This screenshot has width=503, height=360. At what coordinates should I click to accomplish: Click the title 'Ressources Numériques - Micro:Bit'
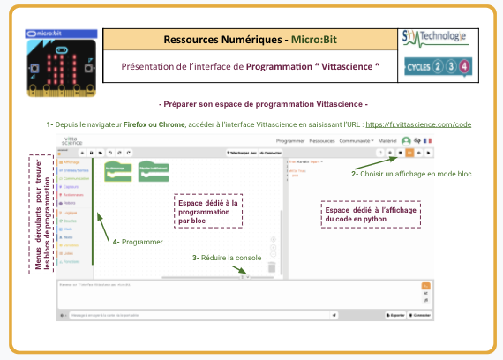pos(250,40)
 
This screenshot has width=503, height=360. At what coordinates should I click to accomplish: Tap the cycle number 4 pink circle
pos(465,67)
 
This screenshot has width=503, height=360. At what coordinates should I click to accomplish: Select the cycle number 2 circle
pos(436,67)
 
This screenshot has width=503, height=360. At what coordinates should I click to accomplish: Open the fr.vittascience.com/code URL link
pos(417,125)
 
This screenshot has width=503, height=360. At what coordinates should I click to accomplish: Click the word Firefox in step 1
pos(136,125)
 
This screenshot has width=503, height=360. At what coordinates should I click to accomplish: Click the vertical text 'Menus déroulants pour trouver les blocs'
pos(40,213)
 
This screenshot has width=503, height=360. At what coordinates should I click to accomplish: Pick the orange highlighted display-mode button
pos(409,152)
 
